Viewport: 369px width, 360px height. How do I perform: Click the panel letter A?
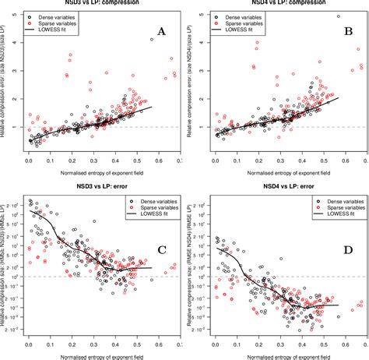[x=161, y=32]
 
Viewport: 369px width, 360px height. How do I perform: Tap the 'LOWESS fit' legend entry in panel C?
[x=149, y=214]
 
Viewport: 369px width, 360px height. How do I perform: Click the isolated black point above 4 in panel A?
[x=151, y=39]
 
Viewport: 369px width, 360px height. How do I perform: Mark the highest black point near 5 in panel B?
[x=338, y=16]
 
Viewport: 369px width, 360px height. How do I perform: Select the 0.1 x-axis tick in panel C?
[x=50, y=344]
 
